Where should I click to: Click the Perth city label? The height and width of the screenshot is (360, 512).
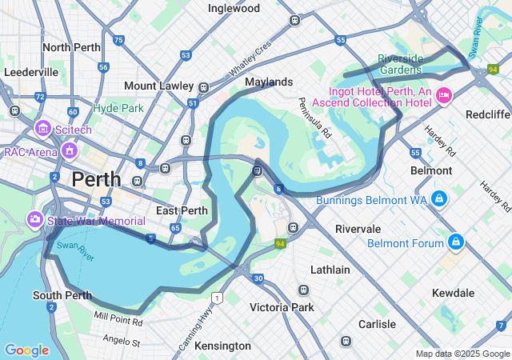click(x=96, y=179)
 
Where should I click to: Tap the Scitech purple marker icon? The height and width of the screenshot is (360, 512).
click(x=42, y=128)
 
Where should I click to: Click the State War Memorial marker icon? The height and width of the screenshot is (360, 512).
click(x=35, y=218)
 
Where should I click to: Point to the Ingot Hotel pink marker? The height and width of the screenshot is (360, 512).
click(x=443, y=97)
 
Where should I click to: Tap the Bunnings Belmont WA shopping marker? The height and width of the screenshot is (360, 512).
click(x=438, y=198)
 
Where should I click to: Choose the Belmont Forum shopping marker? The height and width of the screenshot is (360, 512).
click(x=455, y=241)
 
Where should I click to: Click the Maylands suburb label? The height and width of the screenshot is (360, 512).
click(x=269, y=82)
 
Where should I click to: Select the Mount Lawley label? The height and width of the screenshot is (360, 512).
click(x=159, y=86)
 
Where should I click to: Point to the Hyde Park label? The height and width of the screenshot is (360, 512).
click(x=118, y=107)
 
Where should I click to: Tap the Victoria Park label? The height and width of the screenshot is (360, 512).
click(x=282, y=307)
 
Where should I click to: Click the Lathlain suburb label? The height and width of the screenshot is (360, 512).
click(x=330, y=270)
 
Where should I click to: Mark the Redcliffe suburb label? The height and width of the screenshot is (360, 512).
click(x=486, y=114)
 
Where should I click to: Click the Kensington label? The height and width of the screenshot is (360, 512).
click(x=222, y=346)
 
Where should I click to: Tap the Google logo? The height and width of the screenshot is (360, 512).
click(x=26, y=350)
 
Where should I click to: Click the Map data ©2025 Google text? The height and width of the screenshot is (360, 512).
click(x=462, y=354)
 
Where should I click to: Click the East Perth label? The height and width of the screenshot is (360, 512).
click(x=182, y=210)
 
